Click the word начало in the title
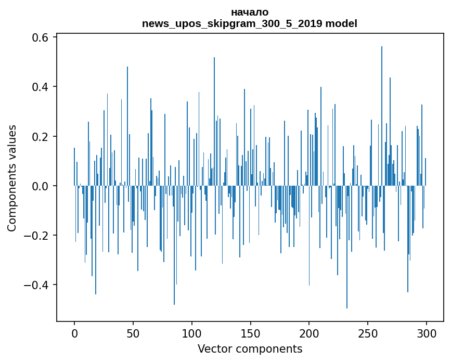(x=250, y=12)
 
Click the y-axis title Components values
(x=11, y=178)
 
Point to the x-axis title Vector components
(x=250, y=348)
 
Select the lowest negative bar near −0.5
(x=347, y=247)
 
